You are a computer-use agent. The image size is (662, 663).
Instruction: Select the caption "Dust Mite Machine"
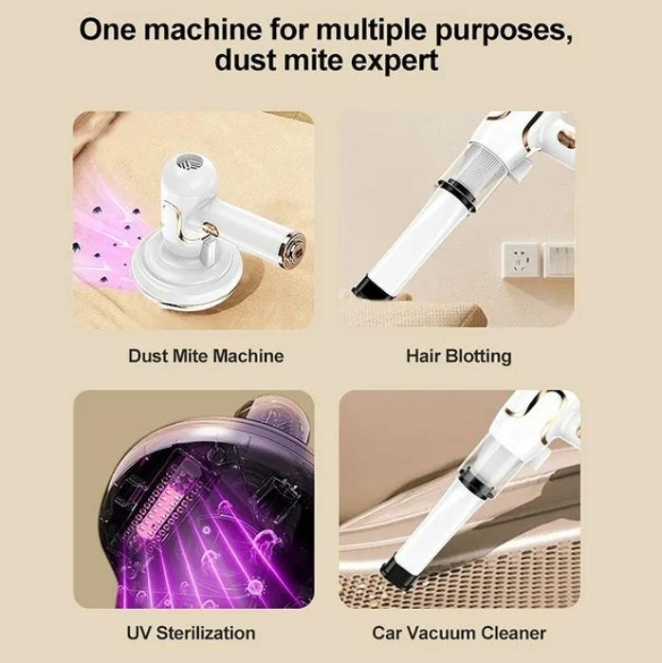click(x=206, y=356)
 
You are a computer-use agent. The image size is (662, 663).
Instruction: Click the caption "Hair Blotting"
click(x=459, y=356)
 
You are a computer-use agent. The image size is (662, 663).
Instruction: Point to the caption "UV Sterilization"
click(x=191, y=633)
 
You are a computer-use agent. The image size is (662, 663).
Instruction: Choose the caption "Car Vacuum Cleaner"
click(x=459, y=633)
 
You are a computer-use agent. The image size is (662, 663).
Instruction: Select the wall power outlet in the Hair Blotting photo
click(x=520, y=261)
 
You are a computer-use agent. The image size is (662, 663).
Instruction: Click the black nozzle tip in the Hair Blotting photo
click(x=376, y=288)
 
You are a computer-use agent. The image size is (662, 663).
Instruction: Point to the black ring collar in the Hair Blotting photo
click(x=456, y=194)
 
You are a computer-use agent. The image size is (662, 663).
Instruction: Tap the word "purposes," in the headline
click(x=504, y=31)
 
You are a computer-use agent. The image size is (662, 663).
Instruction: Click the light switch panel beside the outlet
click(x=559, y=260)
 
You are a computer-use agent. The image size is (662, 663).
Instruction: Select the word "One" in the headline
click(x=107, y=29)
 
